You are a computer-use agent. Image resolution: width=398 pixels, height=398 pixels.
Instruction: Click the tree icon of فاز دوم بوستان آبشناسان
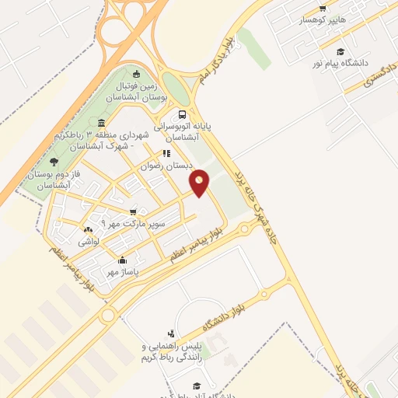pyautogui.click(x=53, y=162)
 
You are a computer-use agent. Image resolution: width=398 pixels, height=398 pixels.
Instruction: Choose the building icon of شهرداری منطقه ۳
pyautogui.click(x=101, y=123)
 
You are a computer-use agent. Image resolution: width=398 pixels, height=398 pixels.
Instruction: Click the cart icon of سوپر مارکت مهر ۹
pyautogui.click(x=134, y=211)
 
